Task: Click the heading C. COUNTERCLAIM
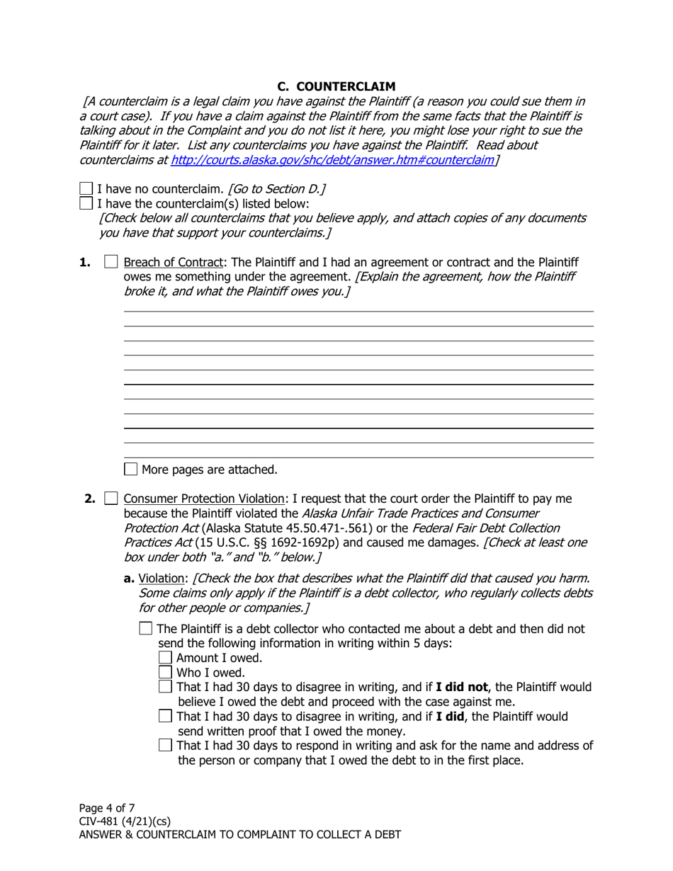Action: pyautogui.click(x=336, y=86)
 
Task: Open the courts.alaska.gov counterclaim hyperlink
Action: pyautogui.click(x=332, y=160)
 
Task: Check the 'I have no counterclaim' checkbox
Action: pyautogui.click(x=86, y=189)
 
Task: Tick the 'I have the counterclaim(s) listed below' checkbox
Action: pyautogui.click(x=86, y=203)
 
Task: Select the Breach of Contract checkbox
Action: pyautogui.click(x=111, y=263)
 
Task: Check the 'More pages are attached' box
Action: pyautogui.click(x=131, y=469)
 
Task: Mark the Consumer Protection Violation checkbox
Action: pyautogui.click(x=111, y=499)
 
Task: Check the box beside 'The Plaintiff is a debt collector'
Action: pyautogui.click(x=146, y=628)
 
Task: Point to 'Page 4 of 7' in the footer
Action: pyautogui.click(x=107, y=807)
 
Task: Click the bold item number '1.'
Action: pyautogui.click(x=85, y=263)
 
